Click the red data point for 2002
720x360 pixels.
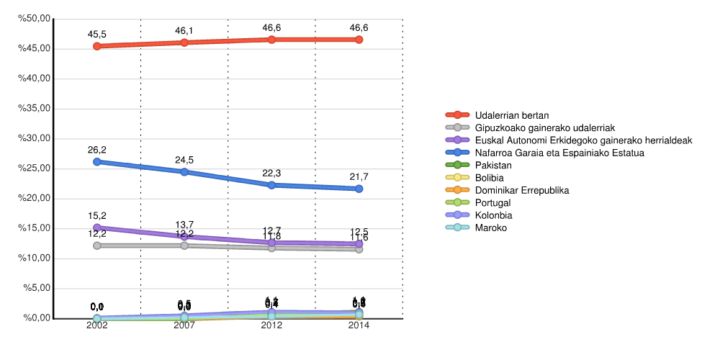pos(97,46)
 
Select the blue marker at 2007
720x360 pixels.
pos(184,172)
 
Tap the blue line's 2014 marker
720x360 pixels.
pos(359,189)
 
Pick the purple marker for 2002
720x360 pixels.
pos(97,228)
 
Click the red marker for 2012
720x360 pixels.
pos(271,40)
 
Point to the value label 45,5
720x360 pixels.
pos(97,34)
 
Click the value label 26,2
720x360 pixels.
pos(97,150)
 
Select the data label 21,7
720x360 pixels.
pos(359,176)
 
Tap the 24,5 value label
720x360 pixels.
pos(184,160)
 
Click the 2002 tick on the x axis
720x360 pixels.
pos(97,325)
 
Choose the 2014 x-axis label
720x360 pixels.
pos(359,325)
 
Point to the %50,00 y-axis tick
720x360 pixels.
pos(35,19)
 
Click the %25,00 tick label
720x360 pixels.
pos(35,168)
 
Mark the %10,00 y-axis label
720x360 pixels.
pos(35,258)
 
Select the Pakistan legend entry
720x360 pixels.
pos(493,166)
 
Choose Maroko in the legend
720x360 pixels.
pos(491,228)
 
